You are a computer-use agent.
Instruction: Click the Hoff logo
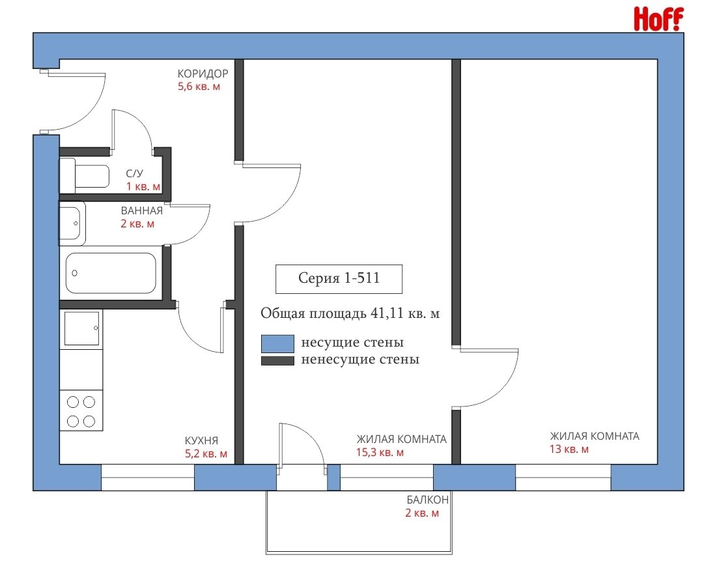pos(658,19)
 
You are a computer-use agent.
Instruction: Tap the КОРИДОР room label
pos(203,74)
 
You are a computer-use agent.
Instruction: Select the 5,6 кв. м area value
pos(199,87)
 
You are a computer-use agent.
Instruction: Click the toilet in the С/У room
pos(85,176)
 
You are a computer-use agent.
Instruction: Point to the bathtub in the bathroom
pos(111,273)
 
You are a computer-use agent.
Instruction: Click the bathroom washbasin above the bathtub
pos(72,223)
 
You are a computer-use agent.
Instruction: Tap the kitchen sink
pos(81,328)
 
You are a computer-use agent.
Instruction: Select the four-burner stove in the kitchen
pos(81,410)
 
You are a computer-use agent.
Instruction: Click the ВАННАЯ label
pos(142,211)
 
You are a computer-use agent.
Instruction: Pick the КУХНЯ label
pos(201,440)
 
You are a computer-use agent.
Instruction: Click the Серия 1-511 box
pos(339,279)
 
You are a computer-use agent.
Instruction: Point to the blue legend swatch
pos(277,343)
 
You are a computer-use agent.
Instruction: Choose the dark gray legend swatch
pos(277,361)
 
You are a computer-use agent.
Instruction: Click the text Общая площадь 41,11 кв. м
pos(350,313)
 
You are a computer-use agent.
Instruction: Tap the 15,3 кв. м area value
pos(380,453)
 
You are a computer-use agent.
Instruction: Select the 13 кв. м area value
pos(569,450)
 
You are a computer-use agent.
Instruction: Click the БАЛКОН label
pos(428,500)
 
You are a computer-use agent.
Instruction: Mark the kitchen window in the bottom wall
pos(148,478)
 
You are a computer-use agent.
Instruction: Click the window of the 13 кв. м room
pos(563,478)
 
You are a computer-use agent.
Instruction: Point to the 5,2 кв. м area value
pos(206,454)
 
